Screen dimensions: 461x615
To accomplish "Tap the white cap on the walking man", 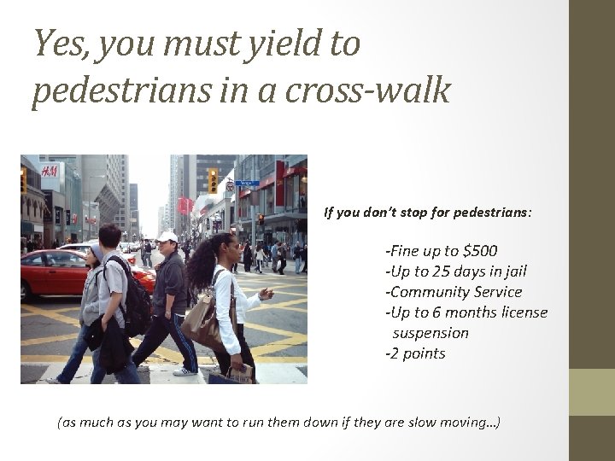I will point(167,236).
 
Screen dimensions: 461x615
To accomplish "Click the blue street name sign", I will point(246,182).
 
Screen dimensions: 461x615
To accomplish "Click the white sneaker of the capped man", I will point(185,371).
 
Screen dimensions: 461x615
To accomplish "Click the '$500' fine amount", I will point(478,251).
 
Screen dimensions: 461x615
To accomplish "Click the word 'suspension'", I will point(430,333).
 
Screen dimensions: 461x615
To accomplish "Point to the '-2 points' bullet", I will point(416,353).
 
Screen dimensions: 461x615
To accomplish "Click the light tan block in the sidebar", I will point(591,392).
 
